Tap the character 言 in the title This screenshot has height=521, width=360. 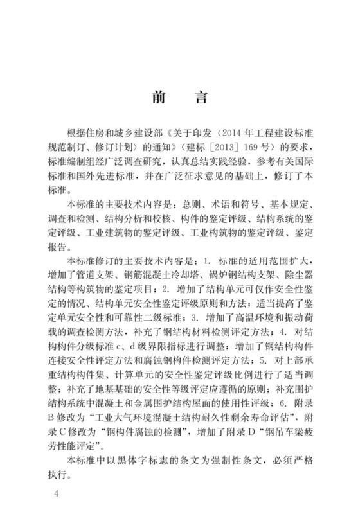(x=200, y=98)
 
